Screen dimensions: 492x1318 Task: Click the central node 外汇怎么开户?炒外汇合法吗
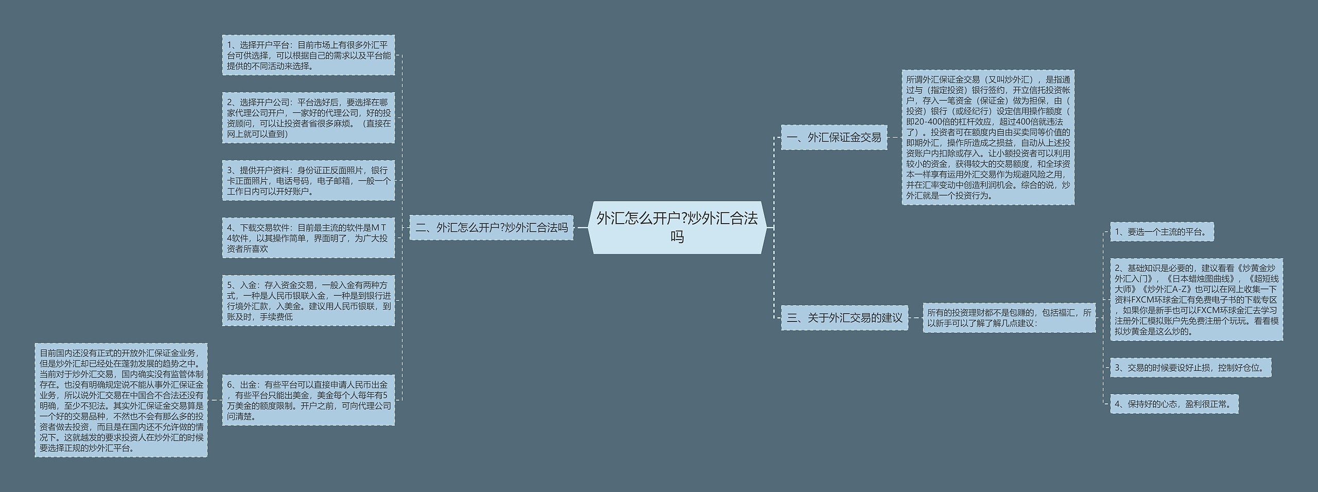coord(677,227)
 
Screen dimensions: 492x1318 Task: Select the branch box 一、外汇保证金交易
coord(834,137)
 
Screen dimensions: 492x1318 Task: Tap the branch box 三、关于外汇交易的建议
coord(844,317)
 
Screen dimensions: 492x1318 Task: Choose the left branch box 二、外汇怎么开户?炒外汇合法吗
coord(491,227)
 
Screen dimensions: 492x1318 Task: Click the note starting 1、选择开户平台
coord(308,55)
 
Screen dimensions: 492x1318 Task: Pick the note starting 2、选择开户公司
coord(308,117)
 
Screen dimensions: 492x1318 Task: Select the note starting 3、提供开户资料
coord(308,180)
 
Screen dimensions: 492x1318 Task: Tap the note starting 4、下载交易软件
coord(308,237)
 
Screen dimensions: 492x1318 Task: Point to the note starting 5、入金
coord(308,300)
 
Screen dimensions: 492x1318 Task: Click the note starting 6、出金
coord(308,400)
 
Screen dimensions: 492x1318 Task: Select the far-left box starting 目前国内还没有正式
coord(121,400)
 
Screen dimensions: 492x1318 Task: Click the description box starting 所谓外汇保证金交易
coord(987,137)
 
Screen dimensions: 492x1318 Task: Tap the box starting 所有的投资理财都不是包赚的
coord(1009,317)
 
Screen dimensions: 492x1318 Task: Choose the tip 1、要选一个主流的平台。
coord(1161,232)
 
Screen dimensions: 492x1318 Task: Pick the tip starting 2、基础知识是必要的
coord(1196,299)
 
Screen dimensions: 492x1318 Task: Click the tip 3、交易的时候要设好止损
coord(1190,367)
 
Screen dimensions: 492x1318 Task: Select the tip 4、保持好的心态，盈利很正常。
coord(1174,404)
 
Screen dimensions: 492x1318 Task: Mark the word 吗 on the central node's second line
coord(677,237)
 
